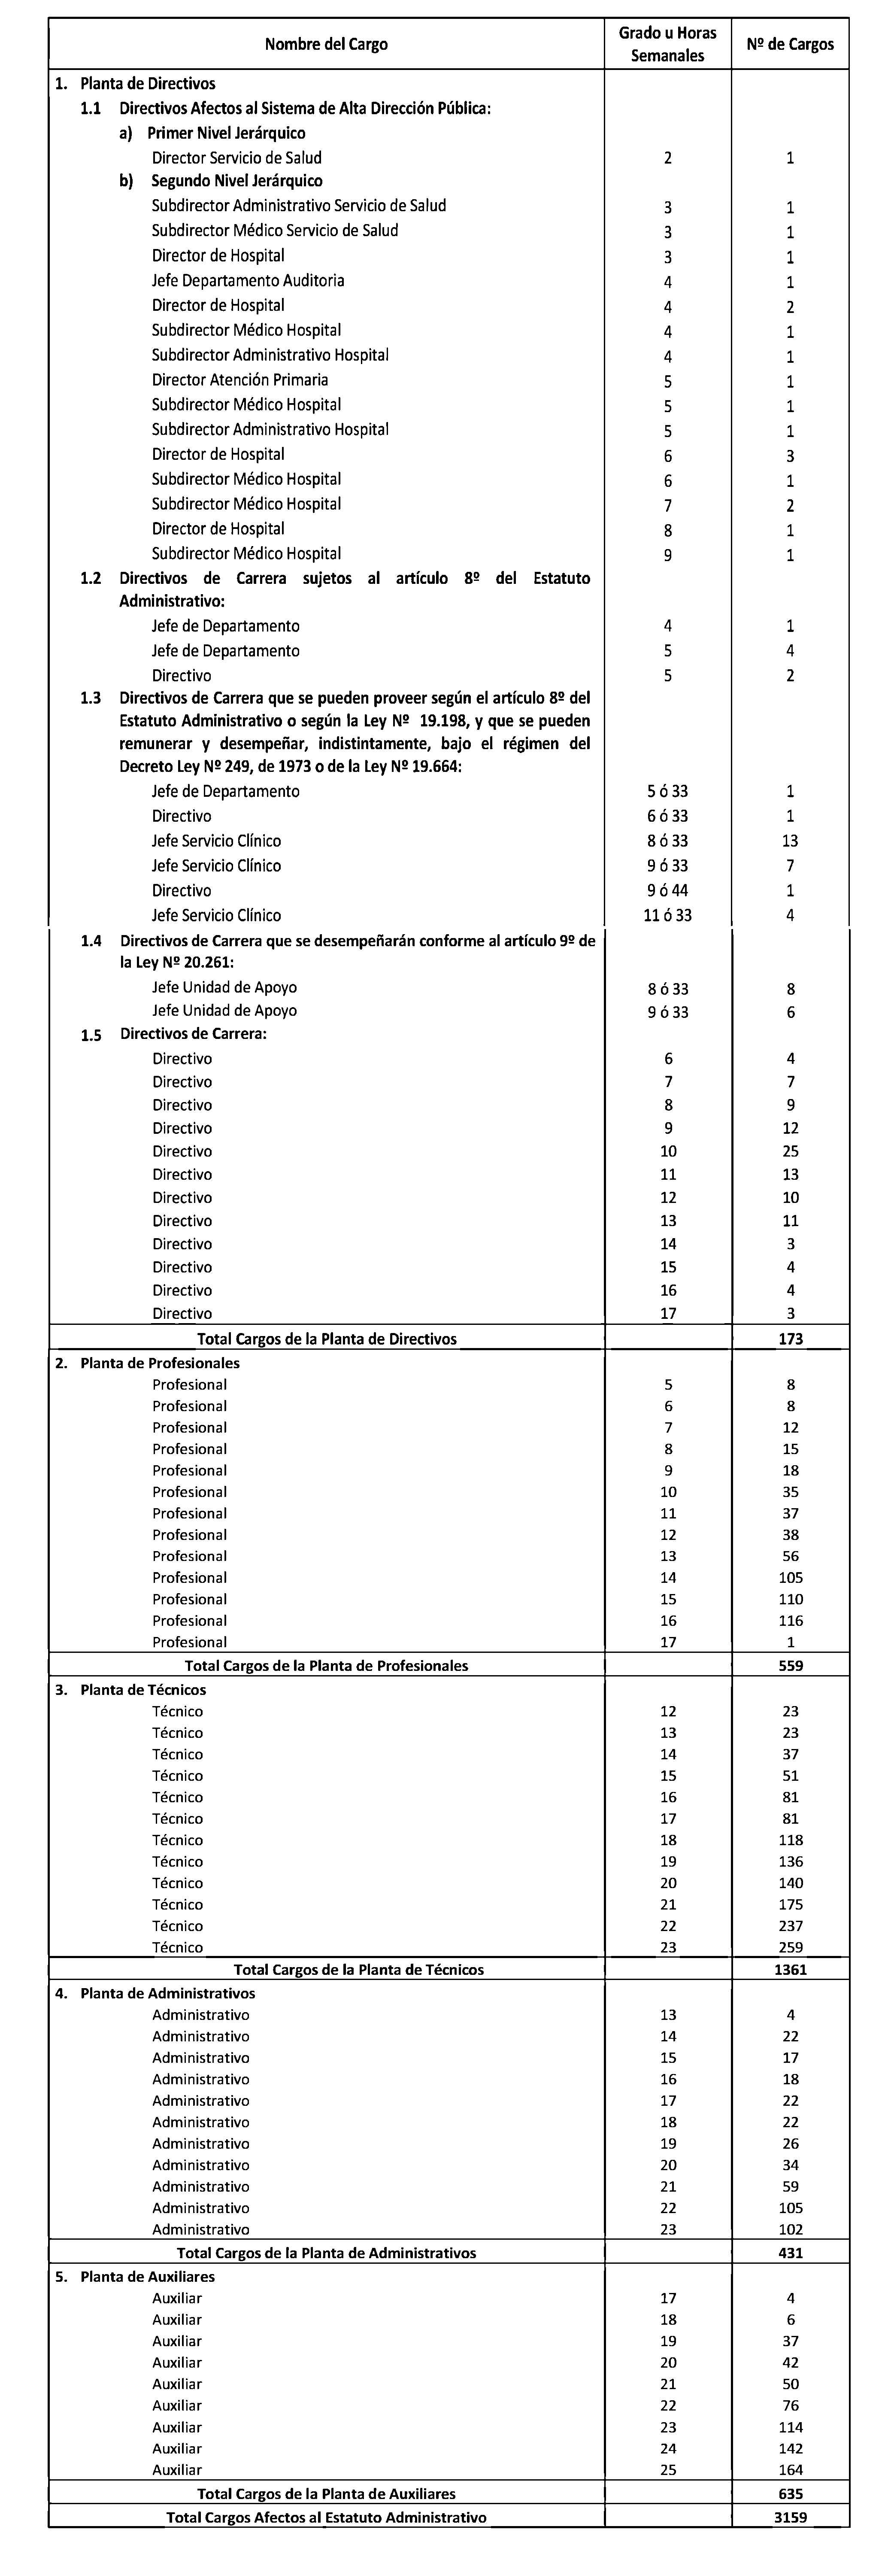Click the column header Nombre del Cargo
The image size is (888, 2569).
pyautogui.click(x=326, y=44)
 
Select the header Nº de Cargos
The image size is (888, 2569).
pyautogui.click(x=790, y=44)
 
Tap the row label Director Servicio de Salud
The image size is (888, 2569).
pyautogui.click(x=236, y=158)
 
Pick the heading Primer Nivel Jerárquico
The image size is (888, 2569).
pyautogui.click(x=226, y=133)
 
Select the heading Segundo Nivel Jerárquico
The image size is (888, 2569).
pyautogui.click(x=236, y=182)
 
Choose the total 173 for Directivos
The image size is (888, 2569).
pyautogui.click(x=790, y=1338)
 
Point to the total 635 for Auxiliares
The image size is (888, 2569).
pyautogui.click(x=790, y=2493)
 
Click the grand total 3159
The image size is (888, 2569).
pyautogui.click(x=790, y=2517)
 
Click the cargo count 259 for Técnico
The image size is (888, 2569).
pyautogui.click(x=790, y=1946)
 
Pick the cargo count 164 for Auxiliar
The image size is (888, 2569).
pyautogui.click(x=790, y=2469)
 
